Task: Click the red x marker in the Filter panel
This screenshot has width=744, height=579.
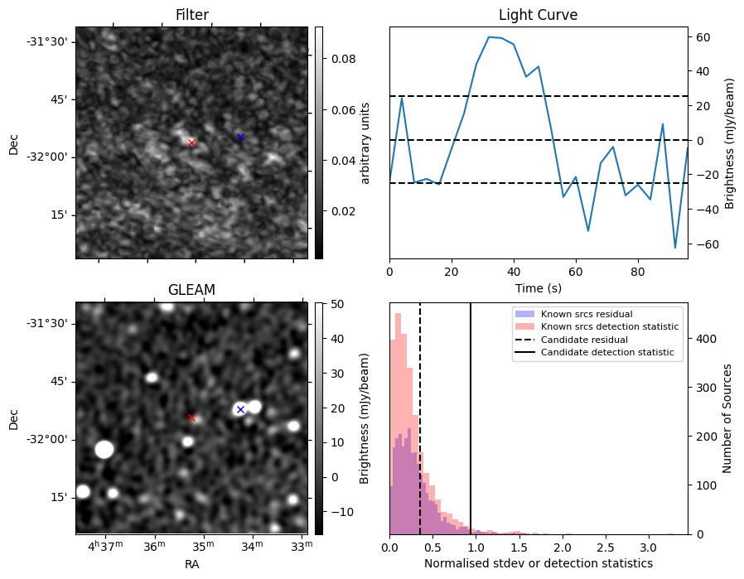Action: pos(191,142)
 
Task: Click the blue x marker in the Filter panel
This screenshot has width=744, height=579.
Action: pos(240,137)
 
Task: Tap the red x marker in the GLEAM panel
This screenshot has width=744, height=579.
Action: pos(191,417)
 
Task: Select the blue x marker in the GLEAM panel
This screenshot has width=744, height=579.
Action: pos(240,409)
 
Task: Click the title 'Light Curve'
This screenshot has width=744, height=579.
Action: pos(538,15)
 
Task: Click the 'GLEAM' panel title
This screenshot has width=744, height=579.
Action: pos(191,290)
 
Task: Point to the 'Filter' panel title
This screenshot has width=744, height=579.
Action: pos(191,15)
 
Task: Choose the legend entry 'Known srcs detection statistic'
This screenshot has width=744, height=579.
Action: pos(609,326)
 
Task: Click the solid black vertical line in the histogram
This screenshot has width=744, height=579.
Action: pos(471,431)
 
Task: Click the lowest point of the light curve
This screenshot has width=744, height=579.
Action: pos(675,248)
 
